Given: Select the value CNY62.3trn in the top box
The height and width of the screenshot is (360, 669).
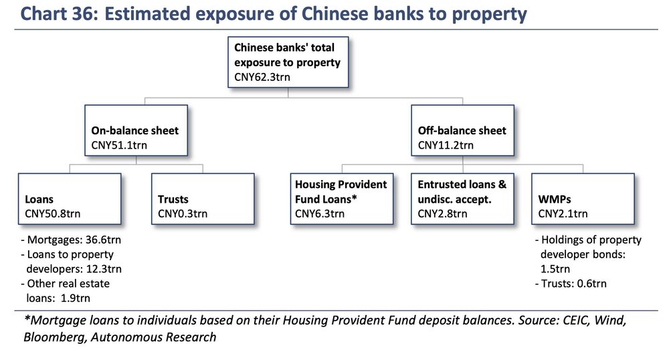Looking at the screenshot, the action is (x=262, y=77).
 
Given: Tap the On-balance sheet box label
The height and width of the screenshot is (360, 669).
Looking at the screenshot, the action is (x=135, y=130).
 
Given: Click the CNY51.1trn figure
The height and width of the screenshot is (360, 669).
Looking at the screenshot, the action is (x=119, y=145).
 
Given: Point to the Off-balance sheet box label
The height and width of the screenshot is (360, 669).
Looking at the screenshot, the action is (x=462, y=130).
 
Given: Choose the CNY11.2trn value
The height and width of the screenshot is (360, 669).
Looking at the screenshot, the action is (x=446, y=145).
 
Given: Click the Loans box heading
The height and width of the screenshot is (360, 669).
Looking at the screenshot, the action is (x=39, y=199).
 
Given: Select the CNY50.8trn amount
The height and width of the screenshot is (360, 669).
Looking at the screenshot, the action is (x=52, y=213).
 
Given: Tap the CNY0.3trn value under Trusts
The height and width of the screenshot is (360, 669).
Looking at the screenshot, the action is (x=183, y=213).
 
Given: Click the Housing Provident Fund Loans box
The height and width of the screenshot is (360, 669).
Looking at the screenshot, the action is (x=342, y=199).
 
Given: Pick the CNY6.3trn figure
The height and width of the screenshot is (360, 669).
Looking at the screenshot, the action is (x=320, y=213).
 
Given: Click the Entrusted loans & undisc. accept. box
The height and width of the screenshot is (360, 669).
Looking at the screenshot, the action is (x=462, y=199).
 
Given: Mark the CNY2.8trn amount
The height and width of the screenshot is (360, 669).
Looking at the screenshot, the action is (x=442, y=213).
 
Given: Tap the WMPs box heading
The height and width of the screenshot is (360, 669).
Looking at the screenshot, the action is (x=554, y=199).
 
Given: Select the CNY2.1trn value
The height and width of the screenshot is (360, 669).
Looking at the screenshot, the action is (x=563, y=213).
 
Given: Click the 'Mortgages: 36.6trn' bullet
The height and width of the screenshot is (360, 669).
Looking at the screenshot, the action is (x=71, y=240).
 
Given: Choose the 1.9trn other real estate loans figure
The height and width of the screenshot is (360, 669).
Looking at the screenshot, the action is (x=76, y=298).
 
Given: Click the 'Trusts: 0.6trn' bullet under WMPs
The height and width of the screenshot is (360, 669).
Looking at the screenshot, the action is (x=571, y=284).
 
